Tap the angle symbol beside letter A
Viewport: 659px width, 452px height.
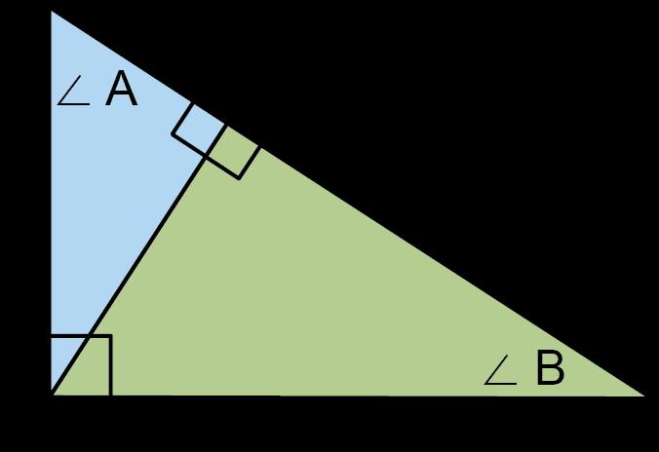75,94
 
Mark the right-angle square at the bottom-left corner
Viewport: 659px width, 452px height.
81,365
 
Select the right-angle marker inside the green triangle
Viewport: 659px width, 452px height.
233,151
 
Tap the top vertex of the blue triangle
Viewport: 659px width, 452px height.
51,12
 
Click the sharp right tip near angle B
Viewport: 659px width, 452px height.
644,395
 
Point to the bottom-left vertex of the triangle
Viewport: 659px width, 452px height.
51,395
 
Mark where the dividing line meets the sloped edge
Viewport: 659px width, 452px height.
225,125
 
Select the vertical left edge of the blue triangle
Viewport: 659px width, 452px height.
51,195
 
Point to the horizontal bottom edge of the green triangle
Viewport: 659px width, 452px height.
341,395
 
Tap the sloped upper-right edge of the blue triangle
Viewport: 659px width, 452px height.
136,67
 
